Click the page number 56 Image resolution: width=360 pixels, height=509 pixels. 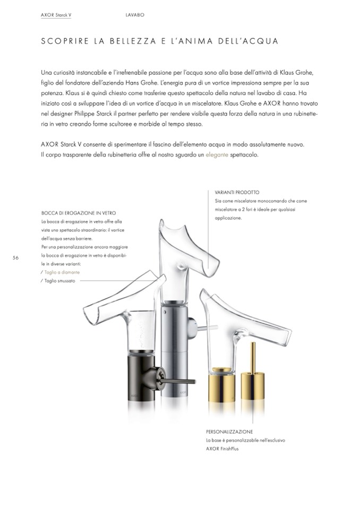coord(15,257)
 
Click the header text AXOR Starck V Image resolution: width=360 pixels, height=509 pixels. coord(56,15)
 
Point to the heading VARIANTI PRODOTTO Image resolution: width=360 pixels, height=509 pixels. coord(237,192)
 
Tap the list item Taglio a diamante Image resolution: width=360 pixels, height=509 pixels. coord(62,272)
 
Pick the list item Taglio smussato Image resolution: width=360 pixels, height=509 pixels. coord(60,280)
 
